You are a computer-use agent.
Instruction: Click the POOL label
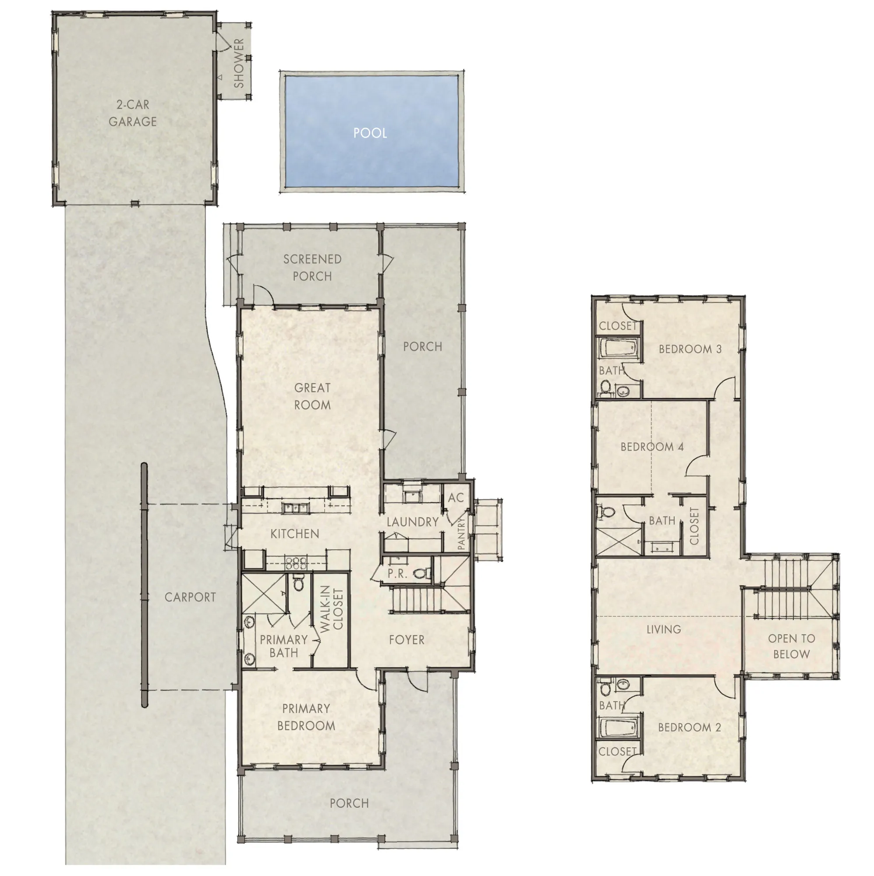370,133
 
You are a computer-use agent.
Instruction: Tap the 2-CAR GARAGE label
132,113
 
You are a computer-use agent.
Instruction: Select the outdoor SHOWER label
239,63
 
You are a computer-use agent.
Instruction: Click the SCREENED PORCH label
312,268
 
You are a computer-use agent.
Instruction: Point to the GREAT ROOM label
312,396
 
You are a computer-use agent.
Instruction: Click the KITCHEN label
294,533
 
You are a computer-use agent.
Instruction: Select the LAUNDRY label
412,522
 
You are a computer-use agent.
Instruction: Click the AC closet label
455,498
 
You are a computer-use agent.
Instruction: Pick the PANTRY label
462,533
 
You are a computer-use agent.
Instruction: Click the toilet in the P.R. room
422,574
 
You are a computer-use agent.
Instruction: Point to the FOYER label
407,640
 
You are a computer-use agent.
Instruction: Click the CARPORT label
190,597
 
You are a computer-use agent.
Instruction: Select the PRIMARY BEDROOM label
306,717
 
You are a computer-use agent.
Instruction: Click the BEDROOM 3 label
690,349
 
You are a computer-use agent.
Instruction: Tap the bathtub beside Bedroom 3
618,349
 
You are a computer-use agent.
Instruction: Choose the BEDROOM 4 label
652,447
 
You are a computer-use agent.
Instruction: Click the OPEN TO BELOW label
792,646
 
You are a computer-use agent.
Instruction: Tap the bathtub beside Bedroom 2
618,728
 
